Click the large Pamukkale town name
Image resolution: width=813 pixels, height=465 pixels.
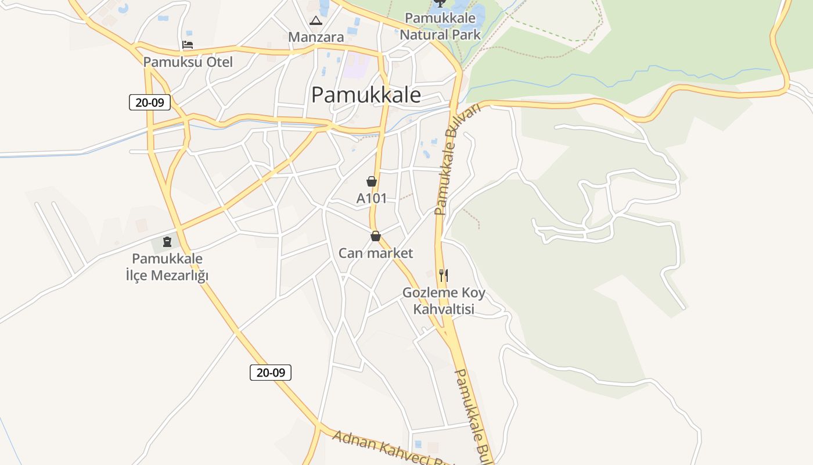pyautogui.click(x=366, y=95)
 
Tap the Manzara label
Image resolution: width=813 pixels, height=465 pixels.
pyautogui.click(x=316, y=37)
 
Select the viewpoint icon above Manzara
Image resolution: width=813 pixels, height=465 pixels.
pyautogui.click(x=316, y=22)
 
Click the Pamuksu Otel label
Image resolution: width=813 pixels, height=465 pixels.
pyautogui.click(x=188, y=62)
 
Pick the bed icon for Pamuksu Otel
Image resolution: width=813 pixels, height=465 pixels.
pyautogui.click(x=187, y=45)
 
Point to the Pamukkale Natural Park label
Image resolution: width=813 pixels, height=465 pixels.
pyautogui.click(x=440, y=27)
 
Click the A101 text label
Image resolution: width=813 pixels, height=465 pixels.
pyautogui.click(x=371, y=198)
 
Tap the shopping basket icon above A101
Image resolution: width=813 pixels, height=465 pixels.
pyautogui.click(x=372, y=181)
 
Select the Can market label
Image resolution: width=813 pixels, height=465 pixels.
pyautogui.click(x=376, y=253)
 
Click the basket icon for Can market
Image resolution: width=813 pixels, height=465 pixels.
pyautogui.click(x=376, y=236)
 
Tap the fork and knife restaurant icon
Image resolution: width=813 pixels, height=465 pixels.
pyautogui.click(x=444, y=275)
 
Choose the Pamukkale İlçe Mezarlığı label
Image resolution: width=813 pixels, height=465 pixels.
pyautogui.click(x=167, y=267)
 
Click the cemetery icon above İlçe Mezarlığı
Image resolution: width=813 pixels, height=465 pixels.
pyautogui.click(x=167, y=241)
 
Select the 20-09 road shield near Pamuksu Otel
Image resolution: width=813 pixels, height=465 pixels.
pyautogui.click(x=150, y=103)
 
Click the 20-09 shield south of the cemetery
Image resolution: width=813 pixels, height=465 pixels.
pyautogui.click(x=271, y=373)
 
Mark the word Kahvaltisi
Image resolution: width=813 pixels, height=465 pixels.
pyautogui.click(x=444, y=309)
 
